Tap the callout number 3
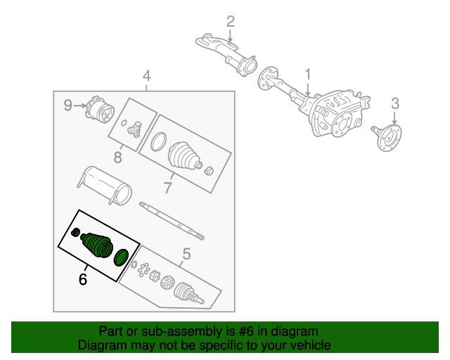[395, 105]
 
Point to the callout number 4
[146, 76]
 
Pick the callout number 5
[186, 255]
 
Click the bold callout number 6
[83, 279]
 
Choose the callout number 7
[167, 188]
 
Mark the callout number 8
[118, 155]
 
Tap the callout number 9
[68, 105]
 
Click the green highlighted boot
[97, 244]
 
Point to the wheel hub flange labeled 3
[387, 136]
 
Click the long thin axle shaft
[172, 219]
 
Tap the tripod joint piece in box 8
[135, 129]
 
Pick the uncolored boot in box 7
[183, 155]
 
